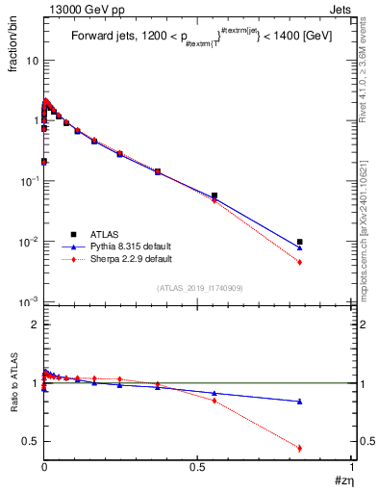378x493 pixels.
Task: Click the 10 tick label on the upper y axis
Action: pos(33,61)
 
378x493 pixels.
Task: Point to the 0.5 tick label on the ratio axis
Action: pos(31,441)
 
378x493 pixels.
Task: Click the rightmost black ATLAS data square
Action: pos(300,242)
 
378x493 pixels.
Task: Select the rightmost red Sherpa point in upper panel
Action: pos(300,262)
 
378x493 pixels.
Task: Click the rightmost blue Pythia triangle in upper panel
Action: pos(300,247)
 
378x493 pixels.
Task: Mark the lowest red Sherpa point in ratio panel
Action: pos(300,448)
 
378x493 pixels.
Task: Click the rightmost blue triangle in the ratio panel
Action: pos(300,402)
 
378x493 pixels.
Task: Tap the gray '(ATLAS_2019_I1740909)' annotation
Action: pos(199,289)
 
